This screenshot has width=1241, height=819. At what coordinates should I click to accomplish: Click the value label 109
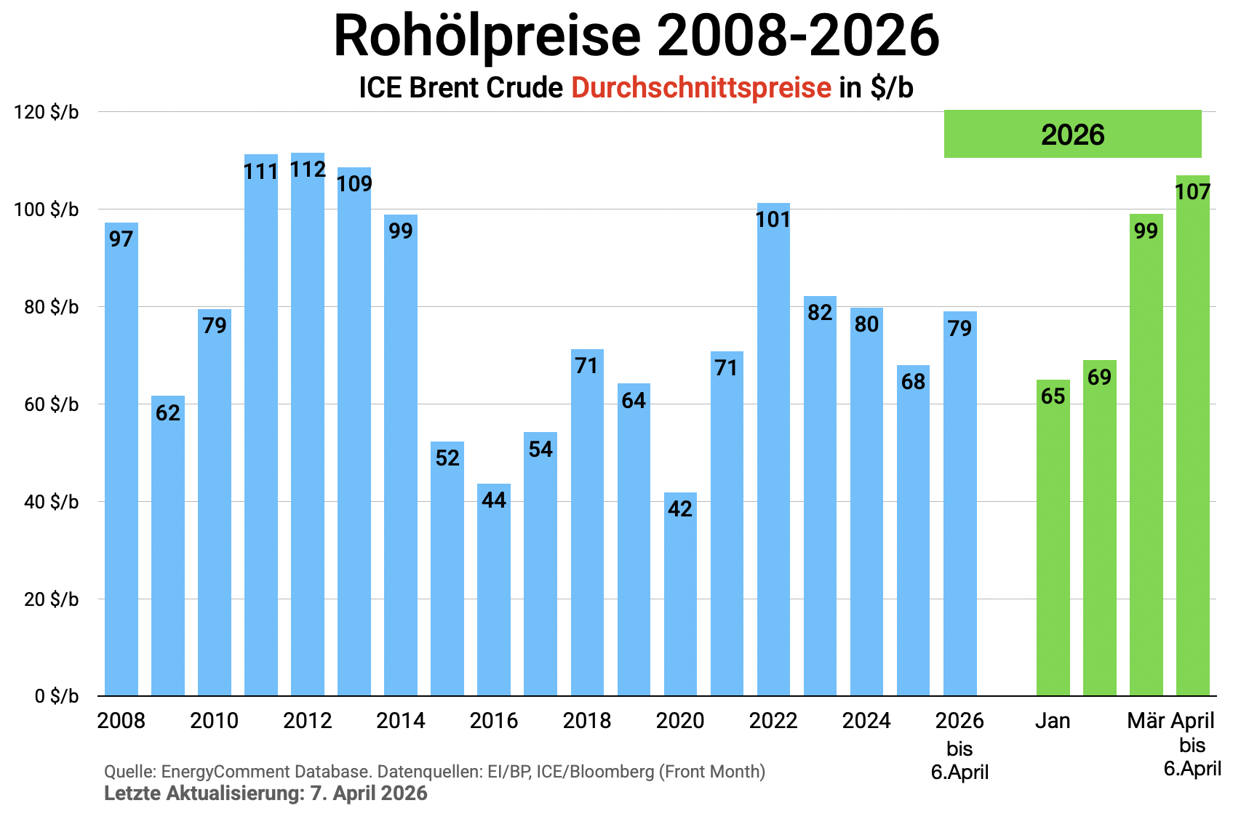coord(354,183)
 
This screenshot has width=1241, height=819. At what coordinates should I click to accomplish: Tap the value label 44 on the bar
coord(494,500)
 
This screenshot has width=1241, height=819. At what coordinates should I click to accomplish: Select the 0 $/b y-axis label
coord(57,696)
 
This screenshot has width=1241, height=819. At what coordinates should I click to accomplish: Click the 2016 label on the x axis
coord(494,721)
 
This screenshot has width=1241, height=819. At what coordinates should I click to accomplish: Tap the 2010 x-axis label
coord(215,721)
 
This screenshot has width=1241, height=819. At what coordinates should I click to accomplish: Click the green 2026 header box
coord(1072,135)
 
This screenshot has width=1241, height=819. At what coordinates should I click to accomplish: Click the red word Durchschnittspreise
coord(701,87)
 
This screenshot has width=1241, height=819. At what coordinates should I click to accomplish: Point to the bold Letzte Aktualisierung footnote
coord(266,793)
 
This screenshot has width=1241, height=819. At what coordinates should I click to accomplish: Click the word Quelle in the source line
coord(129,772)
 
